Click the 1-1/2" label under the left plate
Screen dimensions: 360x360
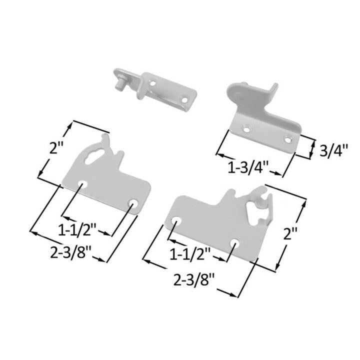pyautogui.click(x=77, y=230)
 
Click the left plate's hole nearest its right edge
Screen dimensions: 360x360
pyautogui.click(x=133, y=203)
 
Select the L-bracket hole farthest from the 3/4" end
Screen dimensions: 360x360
pyautogui.click(x=246, y=129)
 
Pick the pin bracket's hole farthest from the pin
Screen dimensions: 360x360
pyautogui.click(x=185, y=100)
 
